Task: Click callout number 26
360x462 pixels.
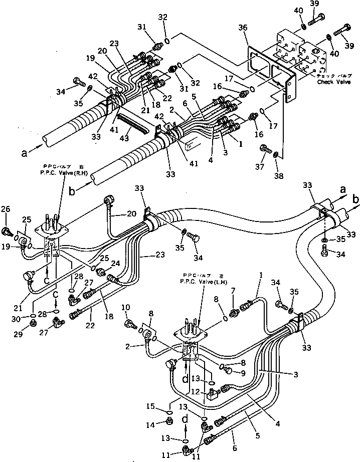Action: (x=7, y=209)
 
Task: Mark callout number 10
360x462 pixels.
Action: (x=125, y=307)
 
